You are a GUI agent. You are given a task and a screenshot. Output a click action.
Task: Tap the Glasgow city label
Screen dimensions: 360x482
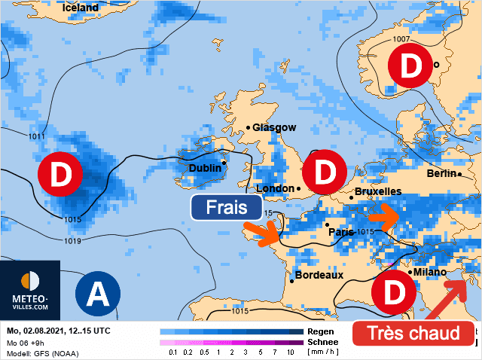pyautogui.click(x=274, y=128)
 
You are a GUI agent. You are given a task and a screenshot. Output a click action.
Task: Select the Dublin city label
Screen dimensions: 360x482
pyautogui.click(x=205, y=169)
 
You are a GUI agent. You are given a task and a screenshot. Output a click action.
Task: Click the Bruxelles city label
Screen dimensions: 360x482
pyautogui.click(x=377, y=192)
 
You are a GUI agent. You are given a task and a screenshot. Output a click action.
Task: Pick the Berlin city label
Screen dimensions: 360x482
pyautogui.click(x=441, y=173)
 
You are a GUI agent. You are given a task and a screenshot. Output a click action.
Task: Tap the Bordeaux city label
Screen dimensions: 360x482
pyautogui.click(x=319, y=276)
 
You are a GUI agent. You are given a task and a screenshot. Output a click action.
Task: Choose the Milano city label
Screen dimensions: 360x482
pyautogui.click(x=430, y=272)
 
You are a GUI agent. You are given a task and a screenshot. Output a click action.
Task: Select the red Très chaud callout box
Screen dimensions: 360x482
pyautogui.click(x=412, y=333)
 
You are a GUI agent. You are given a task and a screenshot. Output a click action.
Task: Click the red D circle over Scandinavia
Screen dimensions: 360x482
pyautogui.click(x=410, y=66)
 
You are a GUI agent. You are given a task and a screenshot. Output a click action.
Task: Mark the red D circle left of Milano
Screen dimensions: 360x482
pyautogui.click(x=393, y=294)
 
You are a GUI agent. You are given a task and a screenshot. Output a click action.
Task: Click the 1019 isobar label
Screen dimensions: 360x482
pyautogui.click(x=73, y=241)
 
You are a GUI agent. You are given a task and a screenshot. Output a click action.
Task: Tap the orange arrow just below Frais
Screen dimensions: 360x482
pyautogui.click(x=265, y=233)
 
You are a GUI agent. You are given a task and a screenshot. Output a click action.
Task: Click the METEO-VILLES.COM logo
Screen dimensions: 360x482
pyautogui.click(x=30, y=289)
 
